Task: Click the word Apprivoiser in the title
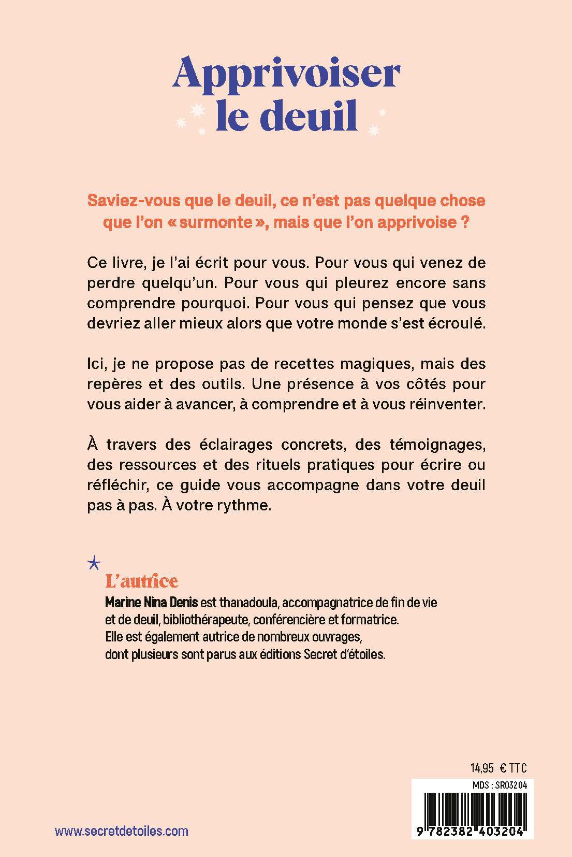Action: [286, 75]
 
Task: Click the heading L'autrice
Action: [141, 581]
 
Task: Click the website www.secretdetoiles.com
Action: [122, 831]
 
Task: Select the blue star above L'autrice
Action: [95, 562]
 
